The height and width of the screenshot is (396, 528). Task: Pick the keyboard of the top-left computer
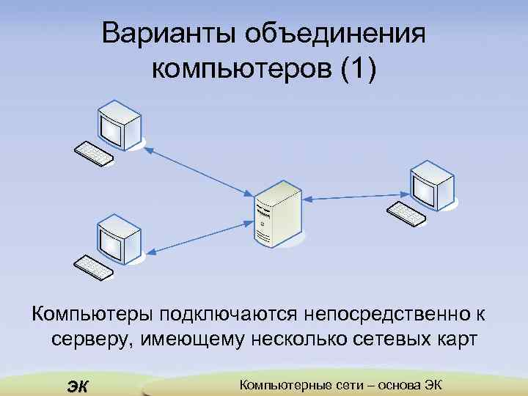[94, 153]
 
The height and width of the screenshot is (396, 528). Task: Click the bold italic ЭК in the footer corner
[76, 385]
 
